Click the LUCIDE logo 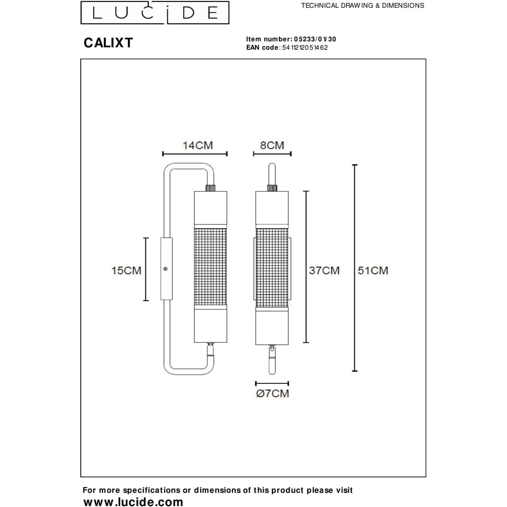click(x=155, y=13)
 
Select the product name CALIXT click(x=108, y=43)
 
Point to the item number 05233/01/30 click(x=315, y=39)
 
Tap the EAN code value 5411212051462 click(x=305, y=48)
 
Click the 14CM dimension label click(x=198, y=146)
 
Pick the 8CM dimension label click(x=272, y=145)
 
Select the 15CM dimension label click(x=126, y=270)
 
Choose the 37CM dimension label click(x=324, y=270)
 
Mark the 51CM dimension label click(x=373, y=270)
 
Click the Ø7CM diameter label click(x=273, y=393)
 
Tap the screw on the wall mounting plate click(x=166, y=269)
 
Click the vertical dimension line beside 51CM click(x=355, y=268)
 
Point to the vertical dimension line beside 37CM click(x=306, y=267)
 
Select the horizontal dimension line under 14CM click(x=195, y=154)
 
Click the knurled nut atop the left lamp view click(x=210, y=188)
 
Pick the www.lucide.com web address click(x=133, y=502)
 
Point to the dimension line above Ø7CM click(x=272, y=384)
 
